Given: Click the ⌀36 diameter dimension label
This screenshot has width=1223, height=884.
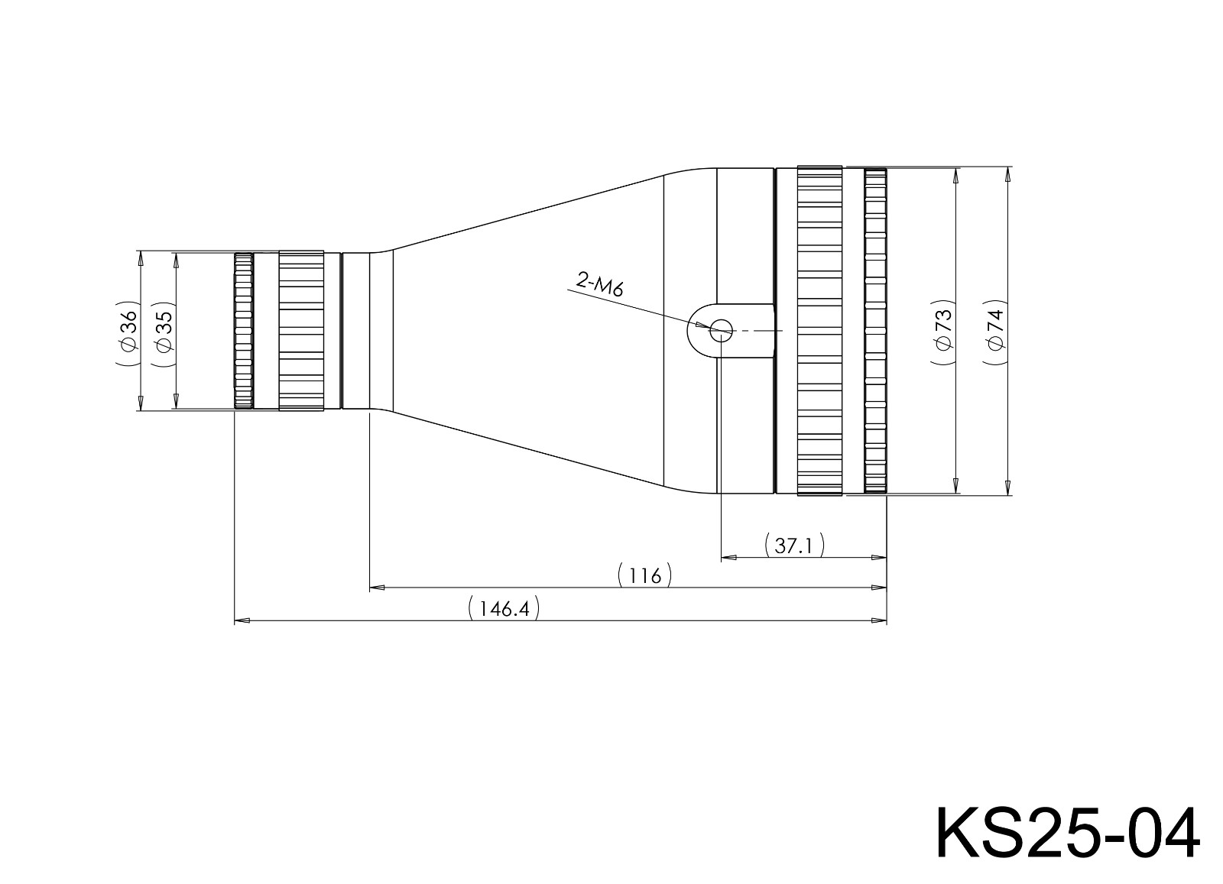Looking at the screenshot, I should [x=128, y=331].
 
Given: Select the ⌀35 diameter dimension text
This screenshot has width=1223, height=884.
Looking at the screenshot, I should [x=164, y=331].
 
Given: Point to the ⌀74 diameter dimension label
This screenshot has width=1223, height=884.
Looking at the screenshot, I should [x=994, y=331].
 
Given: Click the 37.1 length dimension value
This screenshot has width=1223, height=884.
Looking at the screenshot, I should [x=794, y=546].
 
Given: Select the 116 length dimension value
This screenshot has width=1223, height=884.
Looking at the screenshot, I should [x=645, y=575].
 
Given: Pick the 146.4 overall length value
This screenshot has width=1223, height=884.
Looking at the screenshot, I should [x=503, y=610].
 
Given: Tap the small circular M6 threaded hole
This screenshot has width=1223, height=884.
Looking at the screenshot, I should [x=721, y=331].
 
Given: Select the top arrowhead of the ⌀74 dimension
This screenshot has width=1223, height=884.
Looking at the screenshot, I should [x=1007, y=175].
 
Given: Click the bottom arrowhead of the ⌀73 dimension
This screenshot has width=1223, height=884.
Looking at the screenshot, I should [x=955, y=486].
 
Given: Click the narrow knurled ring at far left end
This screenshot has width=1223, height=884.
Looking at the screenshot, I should [x=243, y=331].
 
